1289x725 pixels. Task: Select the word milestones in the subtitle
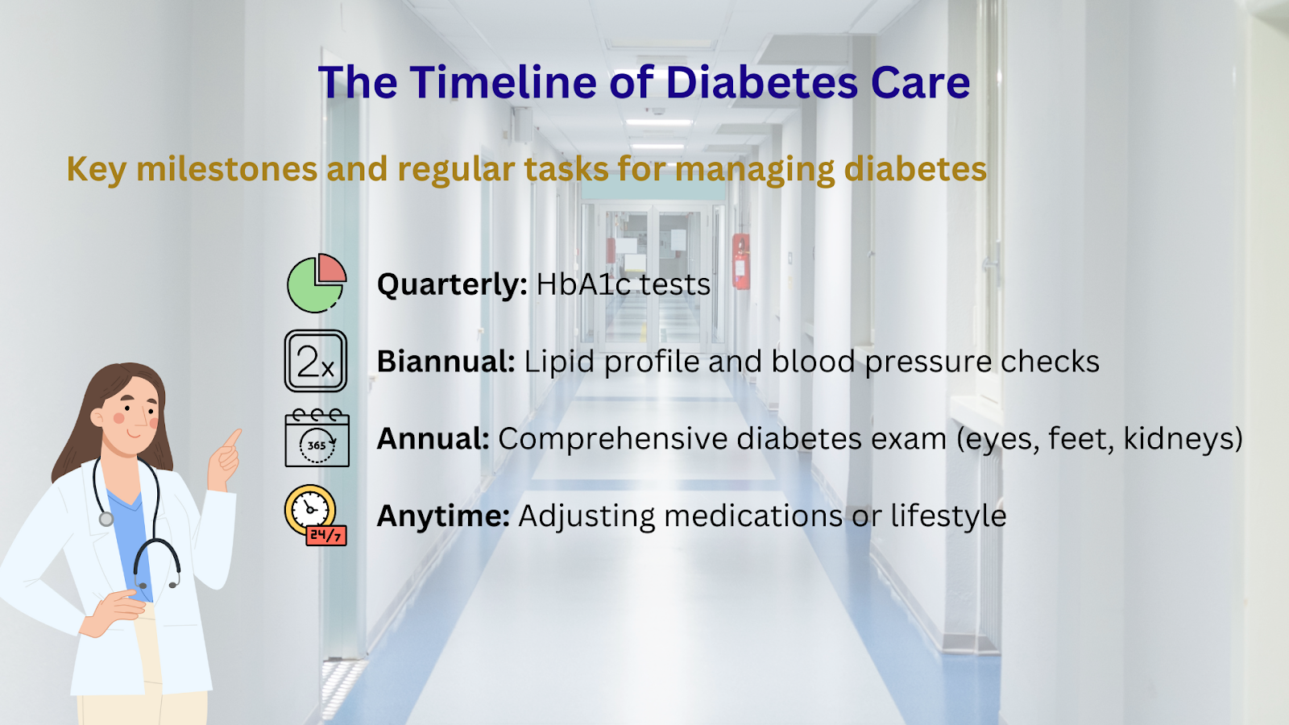[226, 169]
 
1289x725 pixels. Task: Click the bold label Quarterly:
[452, 285]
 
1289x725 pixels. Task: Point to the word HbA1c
[583, 284]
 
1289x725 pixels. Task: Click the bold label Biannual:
[446, 362]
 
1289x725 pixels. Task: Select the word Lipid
[559, 362]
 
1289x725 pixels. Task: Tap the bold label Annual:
[433, 438]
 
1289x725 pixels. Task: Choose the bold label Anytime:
[443, 516]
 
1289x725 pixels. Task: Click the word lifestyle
[948, 516]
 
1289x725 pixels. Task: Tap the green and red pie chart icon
[317, 283]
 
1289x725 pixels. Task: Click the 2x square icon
[315, 361]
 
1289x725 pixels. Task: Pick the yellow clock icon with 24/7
[315, 515]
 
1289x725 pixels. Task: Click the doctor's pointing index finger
[233, 438]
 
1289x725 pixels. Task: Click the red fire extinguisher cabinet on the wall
[740, 261]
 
